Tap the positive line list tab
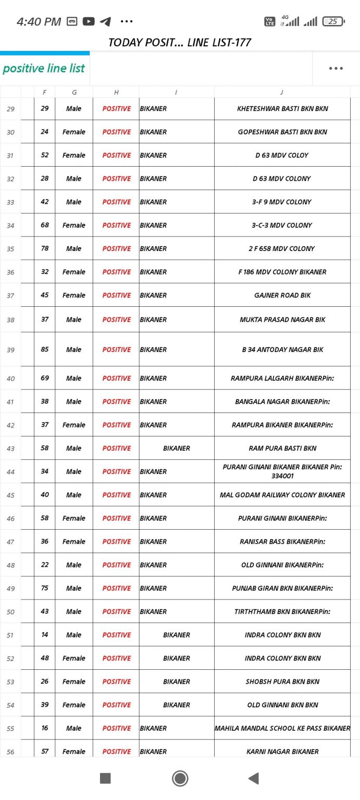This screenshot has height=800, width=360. click(44, 68)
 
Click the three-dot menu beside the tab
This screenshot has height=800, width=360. click(336, 68)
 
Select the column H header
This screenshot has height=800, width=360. click(116, 92)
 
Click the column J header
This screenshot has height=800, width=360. click(282, 92)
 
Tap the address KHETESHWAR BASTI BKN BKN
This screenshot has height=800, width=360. click(282, 109)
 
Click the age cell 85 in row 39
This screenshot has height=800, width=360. click(45, 349)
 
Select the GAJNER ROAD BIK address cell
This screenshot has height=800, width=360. click(282, 295)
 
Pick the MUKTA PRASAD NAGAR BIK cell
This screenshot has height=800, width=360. click(282, 320)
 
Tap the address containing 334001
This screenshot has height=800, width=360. click(282, 471)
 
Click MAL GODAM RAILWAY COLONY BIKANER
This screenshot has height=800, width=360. click(282, 495)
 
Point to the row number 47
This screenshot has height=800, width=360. click(10, 542)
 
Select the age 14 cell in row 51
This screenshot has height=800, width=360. click(45, 635)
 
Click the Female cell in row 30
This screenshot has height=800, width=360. click(74, 132)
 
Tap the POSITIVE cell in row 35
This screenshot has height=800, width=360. click(116, 249)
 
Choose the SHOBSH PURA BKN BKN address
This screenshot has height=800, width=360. click(282, 682)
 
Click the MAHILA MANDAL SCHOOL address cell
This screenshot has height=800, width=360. click(282, 728)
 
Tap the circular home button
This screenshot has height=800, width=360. click(180, 778)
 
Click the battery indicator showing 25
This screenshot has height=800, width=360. click(333, 21)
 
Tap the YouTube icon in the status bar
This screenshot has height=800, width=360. click(89, 21)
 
